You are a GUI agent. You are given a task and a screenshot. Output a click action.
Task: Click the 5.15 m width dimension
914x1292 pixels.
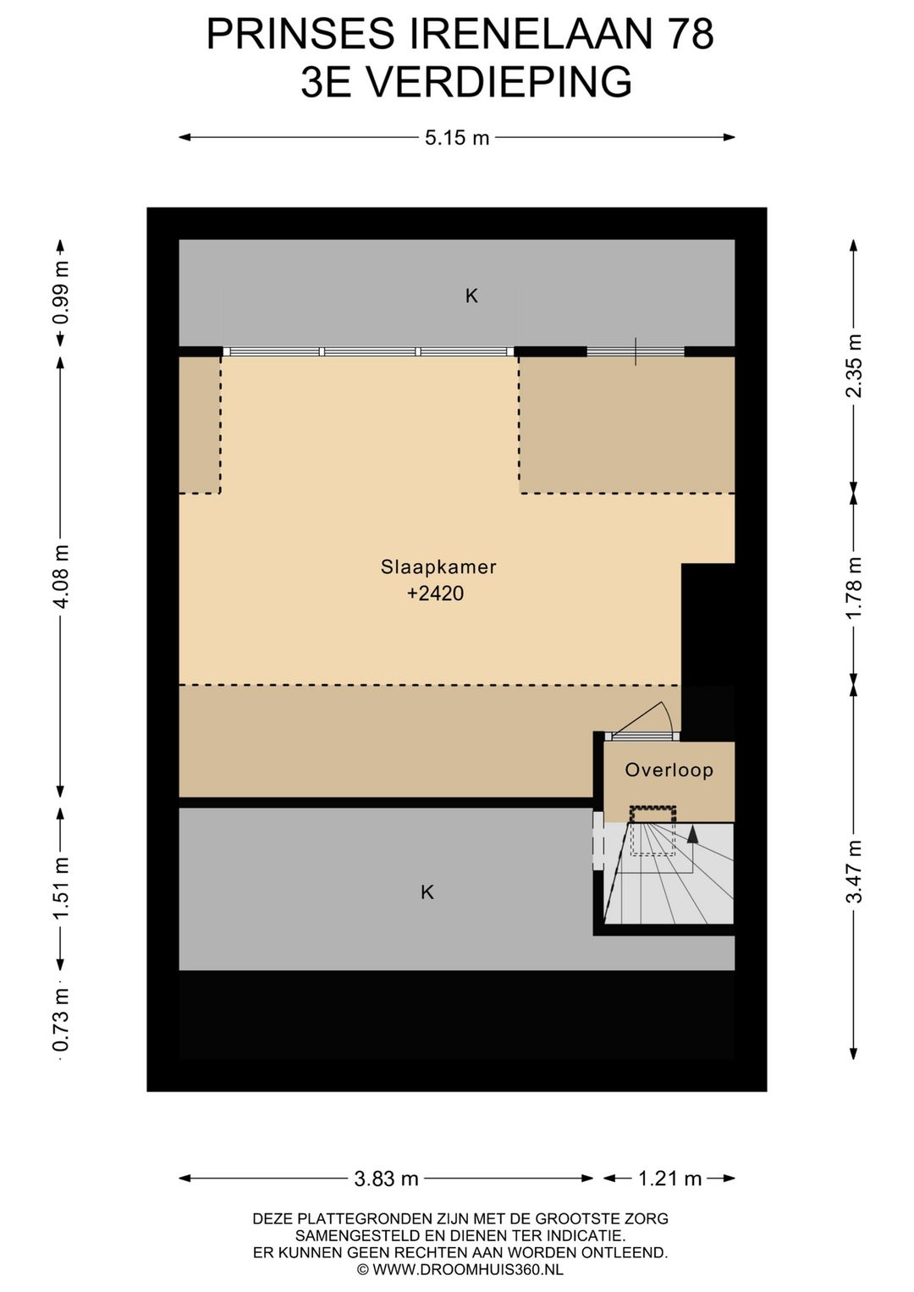[x=457, y=138]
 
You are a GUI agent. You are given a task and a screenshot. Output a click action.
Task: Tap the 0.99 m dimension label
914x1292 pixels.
[x=62, y=300]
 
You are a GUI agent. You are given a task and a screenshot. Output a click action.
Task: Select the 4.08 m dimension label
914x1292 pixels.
[x=62, y=575]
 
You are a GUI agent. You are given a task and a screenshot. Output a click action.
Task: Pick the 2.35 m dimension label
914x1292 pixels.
[x=855, y=366]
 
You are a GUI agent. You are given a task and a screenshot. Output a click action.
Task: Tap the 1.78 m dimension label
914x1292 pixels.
[x=855, y=588]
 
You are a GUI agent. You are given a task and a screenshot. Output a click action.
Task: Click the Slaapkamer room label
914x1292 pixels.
[x=438, y=567]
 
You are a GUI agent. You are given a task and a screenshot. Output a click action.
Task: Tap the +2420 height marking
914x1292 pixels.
[x=435, y=594]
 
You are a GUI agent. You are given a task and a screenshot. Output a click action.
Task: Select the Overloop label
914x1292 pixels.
[x=669, y=770]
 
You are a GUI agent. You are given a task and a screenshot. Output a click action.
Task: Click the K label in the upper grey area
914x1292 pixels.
[x=471, y=296]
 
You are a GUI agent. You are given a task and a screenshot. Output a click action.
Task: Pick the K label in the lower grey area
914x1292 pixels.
[x=427, y=893]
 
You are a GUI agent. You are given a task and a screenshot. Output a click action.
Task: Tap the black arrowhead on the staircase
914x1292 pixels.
[x=692, y=835]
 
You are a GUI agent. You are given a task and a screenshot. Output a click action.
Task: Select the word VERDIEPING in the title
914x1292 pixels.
[x=498, y=81]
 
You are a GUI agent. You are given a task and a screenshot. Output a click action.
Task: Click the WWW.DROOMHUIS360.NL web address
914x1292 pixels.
[x=468, y=1269]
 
